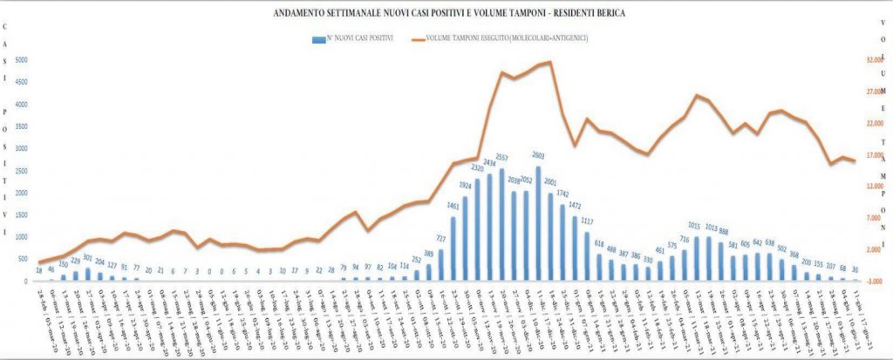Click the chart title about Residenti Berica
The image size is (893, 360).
click(x=446, y=14)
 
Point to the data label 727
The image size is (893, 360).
click(x=441, y=239)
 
